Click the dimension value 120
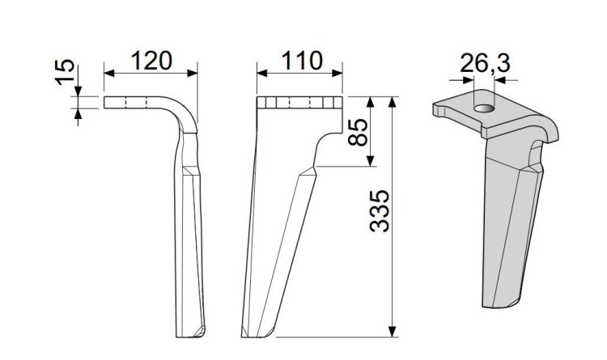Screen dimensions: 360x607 click(x=151, y=60)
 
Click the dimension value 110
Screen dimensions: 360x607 click(x=300, y=60)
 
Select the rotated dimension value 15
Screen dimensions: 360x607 click(x=68, y=75)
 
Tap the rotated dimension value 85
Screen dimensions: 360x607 click(x=357, y=132)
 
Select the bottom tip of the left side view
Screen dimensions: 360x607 click(x=191, y=334)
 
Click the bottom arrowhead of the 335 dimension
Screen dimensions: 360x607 click(x=393, y=332)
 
